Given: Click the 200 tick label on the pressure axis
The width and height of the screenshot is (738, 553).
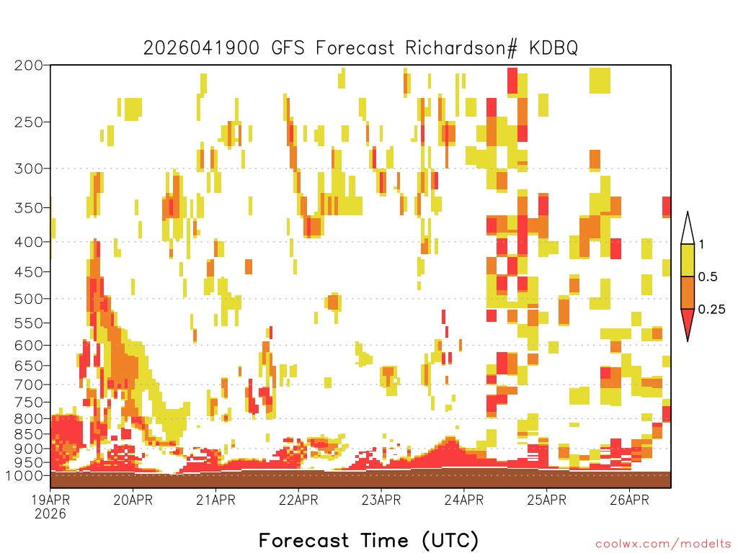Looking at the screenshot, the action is (x=29, y=65).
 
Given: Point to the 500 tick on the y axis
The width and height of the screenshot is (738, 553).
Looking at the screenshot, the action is (x=29, y=299).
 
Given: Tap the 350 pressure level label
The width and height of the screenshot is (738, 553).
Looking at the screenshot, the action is (x=29, y=208).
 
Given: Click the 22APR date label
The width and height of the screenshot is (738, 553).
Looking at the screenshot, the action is (x=298, y=500).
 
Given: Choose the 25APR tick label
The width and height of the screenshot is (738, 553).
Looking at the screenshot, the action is (x=546, y=500).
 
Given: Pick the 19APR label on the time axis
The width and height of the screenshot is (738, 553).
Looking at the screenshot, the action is (x=50, y=500).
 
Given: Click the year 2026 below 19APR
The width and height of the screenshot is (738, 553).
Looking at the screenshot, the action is (x=50, y=514).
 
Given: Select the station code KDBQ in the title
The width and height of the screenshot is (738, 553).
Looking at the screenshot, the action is (x=553, y=48).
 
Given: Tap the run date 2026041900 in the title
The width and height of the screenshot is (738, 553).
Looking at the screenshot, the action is (x=201, y=48).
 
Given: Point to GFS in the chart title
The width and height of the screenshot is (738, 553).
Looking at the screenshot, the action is (x=288, y=48).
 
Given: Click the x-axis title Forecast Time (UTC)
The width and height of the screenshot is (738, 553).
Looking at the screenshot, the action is (x=368, y=540).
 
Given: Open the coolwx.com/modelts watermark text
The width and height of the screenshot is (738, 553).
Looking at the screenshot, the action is (x=664, y=544).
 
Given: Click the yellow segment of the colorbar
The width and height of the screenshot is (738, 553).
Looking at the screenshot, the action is (x=688, y=260).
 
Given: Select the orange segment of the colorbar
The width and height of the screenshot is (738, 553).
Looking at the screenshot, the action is (x=688, y=292).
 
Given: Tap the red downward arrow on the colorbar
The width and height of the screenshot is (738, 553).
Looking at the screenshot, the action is (x=688, y=323).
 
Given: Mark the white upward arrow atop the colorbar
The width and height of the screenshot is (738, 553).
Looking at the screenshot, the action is (x=688, y=229).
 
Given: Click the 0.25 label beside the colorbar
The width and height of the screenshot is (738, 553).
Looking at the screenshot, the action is (x=711, y=309).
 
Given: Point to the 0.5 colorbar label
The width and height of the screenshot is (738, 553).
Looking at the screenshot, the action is (x=708, y=276).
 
